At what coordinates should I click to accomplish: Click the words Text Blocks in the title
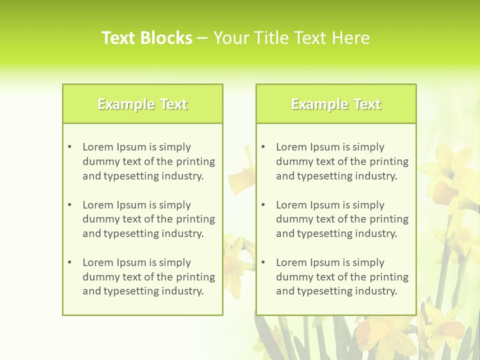click(x=146, y=38)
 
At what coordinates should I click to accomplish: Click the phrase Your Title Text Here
click(x=291, y=38)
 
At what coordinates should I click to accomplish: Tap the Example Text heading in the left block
click(x=142, y=104)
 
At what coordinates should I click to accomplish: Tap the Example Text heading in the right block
click(x=336, y=104)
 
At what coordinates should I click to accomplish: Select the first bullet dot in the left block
click(x=69, y=147)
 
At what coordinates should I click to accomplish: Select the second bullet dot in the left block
click(x=69, y=205)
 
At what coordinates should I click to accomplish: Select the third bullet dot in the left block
click(x=69, y=262)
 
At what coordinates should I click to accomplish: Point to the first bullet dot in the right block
click(x=263, y=147)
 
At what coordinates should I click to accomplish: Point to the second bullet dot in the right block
click(x=263, y=205)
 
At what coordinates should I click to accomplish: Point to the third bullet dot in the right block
click(x=263, y=262)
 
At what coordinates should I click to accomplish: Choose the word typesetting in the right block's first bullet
click(x=323, y=176)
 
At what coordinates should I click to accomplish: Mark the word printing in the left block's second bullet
click(x=196, y=219)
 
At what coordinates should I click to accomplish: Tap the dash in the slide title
click(x=202, y=38)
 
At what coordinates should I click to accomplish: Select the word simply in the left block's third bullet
click(x=175, y=262)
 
